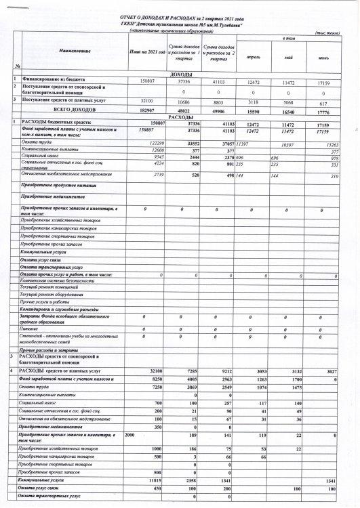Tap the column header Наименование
point(70,51)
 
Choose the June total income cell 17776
point(322,109)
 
